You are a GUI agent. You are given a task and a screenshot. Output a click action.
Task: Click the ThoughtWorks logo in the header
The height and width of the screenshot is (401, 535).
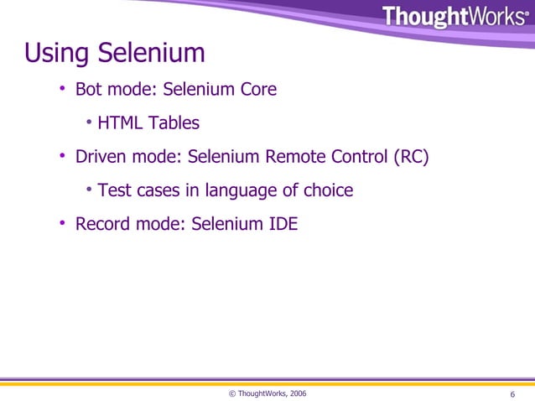[456, 17]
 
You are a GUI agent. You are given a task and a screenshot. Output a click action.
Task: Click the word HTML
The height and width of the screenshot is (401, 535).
[121, 123]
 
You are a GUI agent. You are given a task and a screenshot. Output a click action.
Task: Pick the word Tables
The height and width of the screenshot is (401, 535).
[174, 123]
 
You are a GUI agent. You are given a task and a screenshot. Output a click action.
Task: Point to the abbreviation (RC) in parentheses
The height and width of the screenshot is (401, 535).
[411, 157]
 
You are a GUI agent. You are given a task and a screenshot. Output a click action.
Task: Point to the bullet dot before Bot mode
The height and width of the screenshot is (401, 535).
[62, 89]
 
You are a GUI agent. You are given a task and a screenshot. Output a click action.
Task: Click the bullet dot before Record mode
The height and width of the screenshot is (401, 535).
[62, 224]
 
